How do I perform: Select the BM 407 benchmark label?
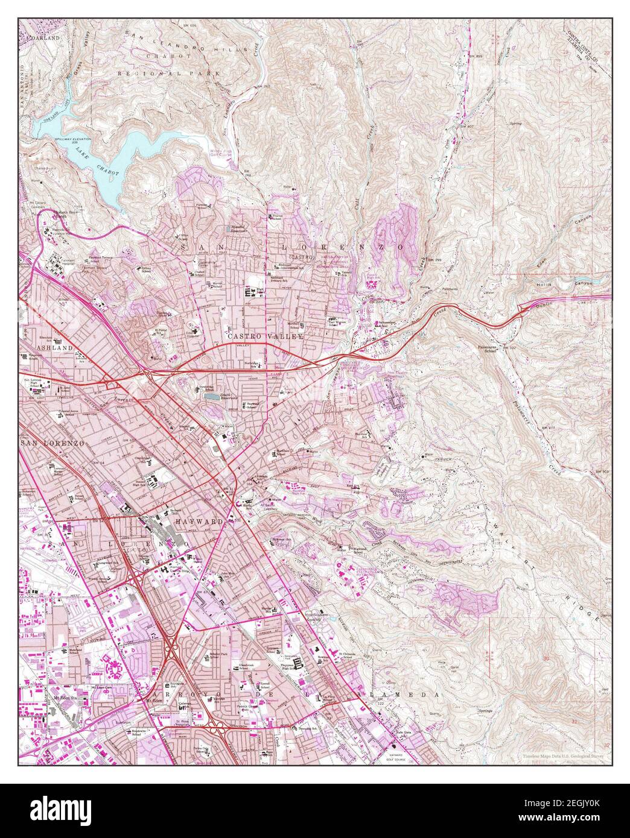point(468,126)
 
